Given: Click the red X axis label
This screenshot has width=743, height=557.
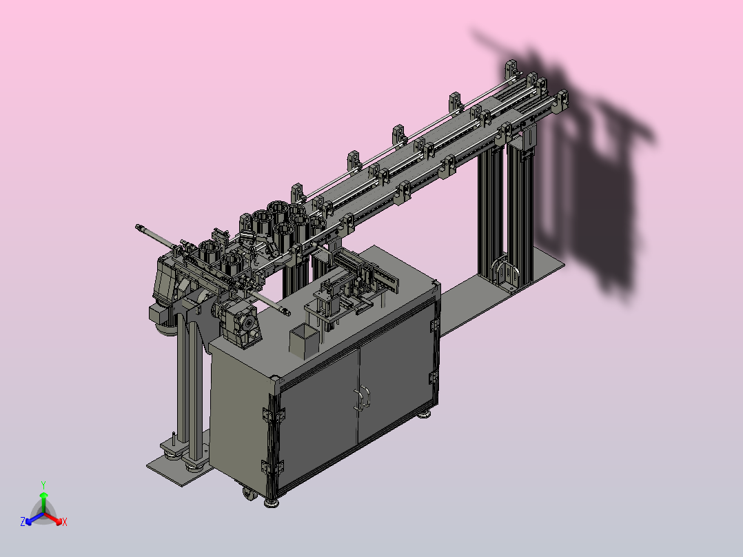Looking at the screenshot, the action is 65,522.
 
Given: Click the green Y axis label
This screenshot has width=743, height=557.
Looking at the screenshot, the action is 43,485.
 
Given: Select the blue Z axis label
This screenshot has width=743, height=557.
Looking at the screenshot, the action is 23,521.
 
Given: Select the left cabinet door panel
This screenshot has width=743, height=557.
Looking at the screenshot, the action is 318,417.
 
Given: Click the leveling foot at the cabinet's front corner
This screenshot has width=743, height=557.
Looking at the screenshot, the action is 272,503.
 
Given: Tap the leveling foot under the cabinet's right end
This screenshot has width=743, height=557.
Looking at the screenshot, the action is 424,414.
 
